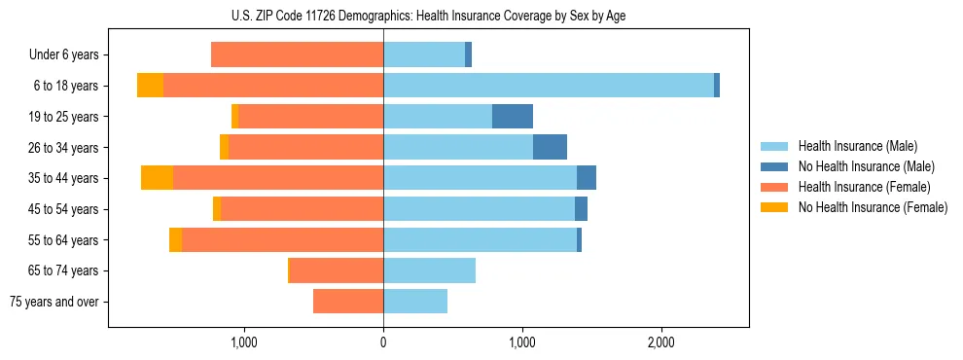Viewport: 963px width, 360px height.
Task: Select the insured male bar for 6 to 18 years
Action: click(549, 86)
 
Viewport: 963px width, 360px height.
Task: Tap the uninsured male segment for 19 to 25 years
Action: click(513, 117)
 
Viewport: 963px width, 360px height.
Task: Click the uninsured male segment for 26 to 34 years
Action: click(550, 148)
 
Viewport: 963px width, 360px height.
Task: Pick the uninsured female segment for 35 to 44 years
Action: click(157, 178)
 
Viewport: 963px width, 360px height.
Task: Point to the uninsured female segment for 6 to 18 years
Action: click(150, 86)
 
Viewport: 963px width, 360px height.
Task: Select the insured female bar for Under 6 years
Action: click(297, 55)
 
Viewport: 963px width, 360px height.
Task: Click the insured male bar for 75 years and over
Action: click(415, 302)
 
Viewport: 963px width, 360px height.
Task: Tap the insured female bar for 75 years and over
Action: click(348, 302)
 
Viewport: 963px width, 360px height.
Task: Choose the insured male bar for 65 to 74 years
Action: click(429, 270)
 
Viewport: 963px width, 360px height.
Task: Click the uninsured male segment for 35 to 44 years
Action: click(587, 178)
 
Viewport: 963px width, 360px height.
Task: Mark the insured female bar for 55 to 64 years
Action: click(282, 240)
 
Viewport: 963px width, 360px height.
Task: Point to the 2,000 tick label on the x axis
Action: click(660, 342)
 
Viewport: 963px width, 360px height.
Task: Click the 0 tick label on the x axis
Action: click(383, 342)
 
